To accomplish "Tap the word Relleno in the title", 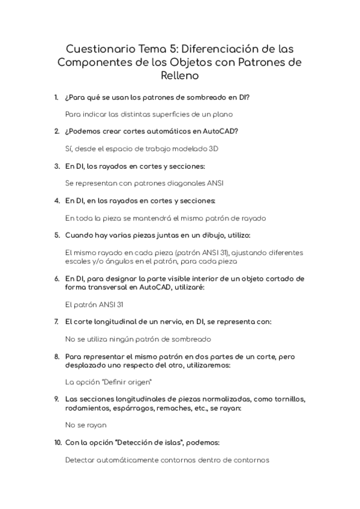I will pyautogui.click(x=180, y=76).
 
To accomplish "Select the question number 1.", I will pyautogui.click(x=56, y=97).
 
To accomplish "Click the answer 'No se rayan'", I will pyautogui.click(x=86, y=425).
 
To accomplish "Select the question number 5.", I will pyautogui.click(x=56, y=235).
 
